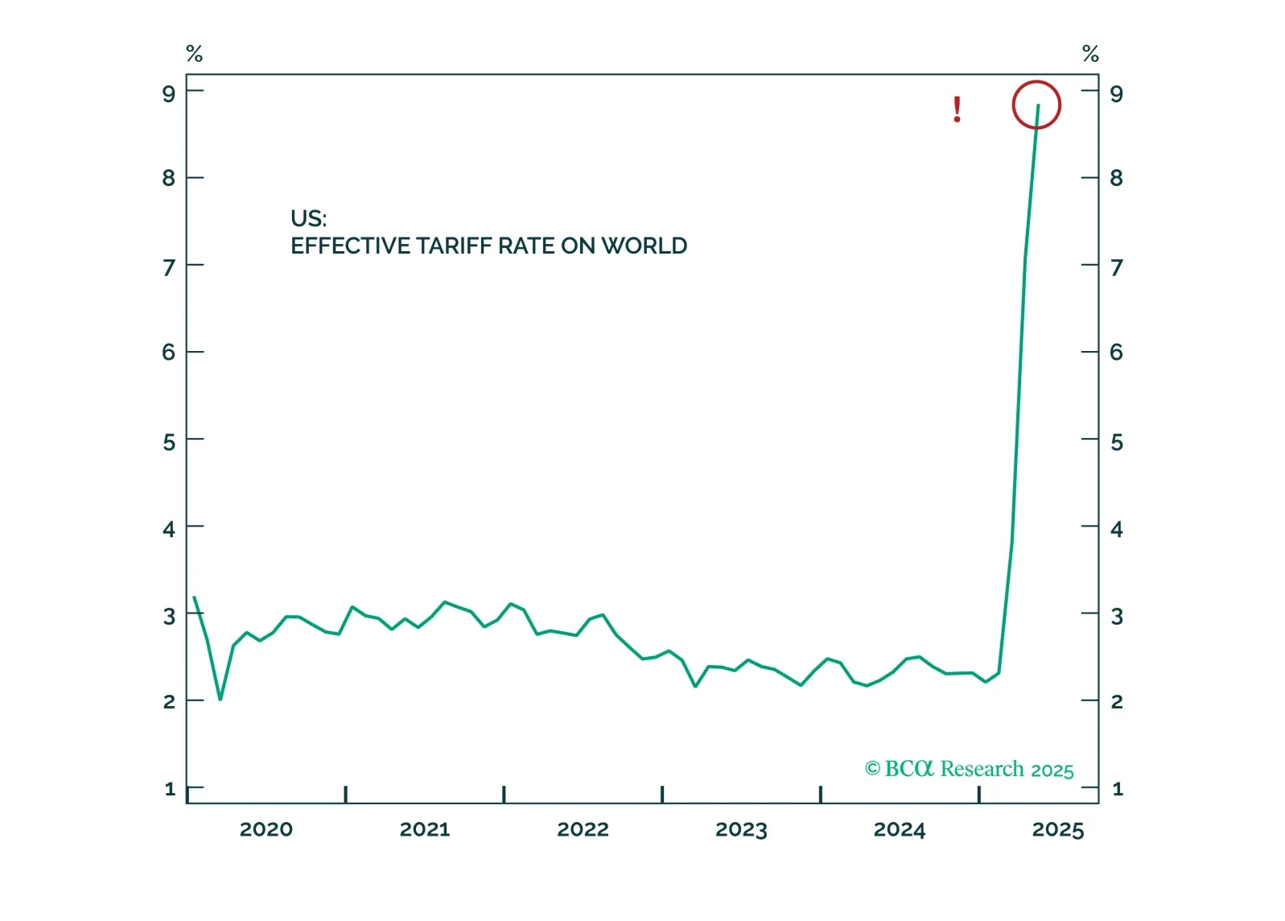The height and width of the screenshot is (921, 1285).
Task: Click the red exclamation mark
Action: pyautogui.click(x=957, y=109)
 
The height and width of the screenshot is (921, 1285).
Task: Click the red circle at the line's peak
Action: pyautogui.click(x=1036, y=105)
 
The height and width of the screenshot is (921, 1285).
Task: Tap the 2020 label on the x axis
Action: pyautogui.click(x=266, y=829)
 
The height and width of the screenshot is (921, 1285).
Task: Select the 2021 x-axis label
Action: pyautogui.click(x=425, y=829)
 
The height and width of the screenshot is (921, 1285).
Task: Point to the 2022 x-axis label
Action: pyautogui.click(x=583, y=829)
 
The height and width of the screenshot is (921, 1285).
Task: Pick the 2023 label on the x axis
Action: pyautogui.click(x=741, y=829)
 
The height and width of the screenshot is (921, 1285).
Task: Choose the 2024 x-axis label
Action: pyautogui.click(x=900, y=829)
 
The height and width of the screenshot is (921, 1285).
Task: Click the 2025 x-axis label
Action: pyautogui.click(x=1058, y=829)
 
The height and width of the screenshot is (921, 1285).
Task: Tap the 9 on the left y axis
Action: pyautogui.click(x=168, y=94)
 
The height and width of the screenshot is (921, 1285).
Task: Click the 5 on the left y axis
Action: pyautogui.click(x=168, y=442)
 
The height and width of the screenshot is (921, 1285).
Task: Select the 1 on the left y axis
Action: pyautogui.click(x=170, y=789)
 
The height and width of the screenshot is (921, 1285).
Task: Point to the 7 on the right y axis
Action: pyautogui.click(x=1116, y=267)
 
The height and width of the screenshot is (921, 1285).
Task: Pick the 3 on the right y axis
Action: pyautogui.click(x=1116, y=616)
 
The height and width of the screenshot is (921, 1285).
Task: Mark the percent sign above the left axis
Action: pyautogui.click(x=194, y=54)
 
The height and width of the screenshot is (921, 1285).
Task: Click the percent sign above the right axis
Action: pyautogui.click(x=1090, y=54)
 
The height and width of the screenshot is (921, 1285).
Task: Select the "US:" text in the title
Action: pyautogui.click(x=308, y=218)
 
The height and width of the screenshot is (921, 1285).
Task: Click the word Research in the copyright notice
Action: pyautogui.click(x=982, y=769)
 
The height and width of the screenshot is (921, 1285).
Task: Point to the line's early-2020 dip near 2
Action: pyautogui.click(x=220, y=698)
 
